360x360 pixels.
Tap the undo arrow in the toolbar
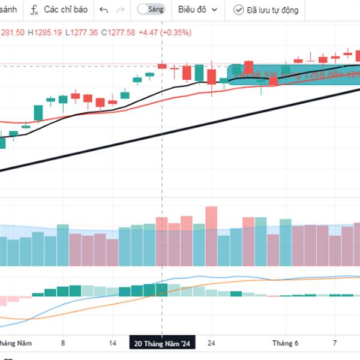104,10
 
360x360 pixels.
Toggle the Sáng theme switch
144,10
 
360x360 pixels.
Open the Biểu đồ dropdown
197,10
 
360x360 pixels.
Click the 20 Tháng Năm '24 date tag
163,343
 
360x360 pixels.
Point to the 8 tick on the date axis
63,343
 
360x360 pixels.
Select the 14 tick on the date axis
113,343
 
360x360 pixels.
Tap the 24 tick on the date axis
211,343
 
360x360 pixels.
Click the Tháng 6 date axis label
285,343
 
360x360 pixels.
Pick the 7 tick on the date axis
335,343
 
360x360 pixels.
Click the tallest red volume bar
211,236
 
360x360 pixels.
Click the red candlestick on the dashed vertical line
162,66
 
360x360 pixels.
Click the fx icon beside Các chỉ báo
35,10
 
